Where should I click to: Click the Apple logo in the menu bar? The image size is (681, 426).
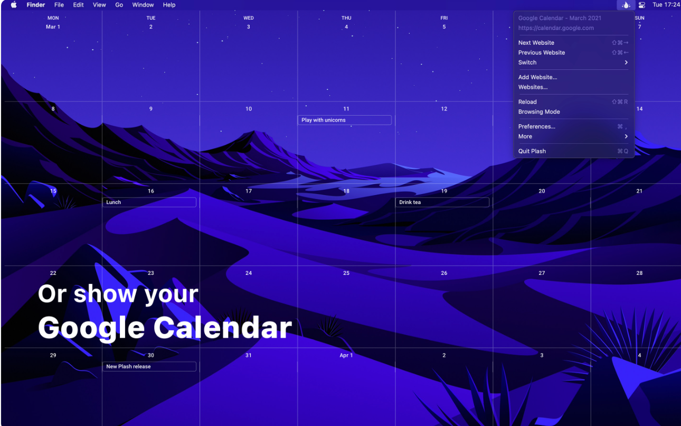pos(14,5)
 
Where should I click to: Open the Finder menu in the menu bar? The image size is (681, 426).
pos(35,5)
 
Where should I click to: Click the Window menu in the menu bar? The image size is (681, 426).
pos(143,5)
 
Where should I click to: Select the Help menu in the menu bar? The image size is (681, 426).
pos(169,5)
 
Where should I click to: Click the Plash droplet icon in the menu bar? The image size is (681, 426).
pos(626,5)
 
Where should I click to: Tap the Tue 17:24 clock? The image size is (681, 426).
pos(666,5)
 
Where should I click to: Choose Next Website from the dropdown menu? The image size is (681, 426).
pos(536,43)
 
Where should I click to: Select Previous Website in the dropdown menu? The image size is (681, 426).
pos(542,52)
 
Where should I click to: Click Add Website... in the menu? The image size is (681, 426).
pos(537,77)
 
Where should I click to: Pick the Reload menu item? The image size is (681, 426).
pos(527,102)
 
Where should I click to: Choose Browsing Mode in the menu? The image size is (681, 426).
pos(539,112)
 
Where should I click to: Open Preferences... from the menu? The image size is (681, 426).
pos(536,126)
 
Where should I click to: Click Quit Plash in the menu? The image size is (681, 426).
pos(532,151)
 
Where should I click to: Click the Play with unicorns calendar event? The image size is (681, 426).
pos(344,120)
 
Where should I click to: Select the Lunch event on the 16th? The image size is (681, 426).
pos(149,202)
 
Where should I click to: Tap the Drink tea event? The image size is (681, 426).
pos(442,202)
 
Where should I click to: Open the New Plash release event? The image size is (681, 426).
pos(149,366)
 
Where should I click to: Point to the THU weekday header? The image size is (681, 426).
pos(346,18)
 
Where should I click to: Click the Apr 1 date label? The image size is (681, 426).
pos(346,355)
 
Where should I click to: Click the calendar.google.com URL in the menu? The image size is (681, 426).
pos(556,28)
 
